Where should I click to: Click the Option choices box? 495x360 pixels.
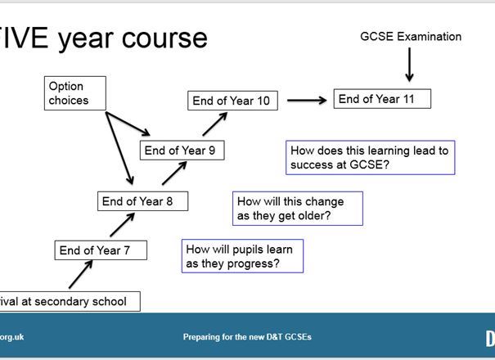point(75,93)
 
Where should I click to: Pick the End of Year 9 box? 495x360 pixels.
point(181,150)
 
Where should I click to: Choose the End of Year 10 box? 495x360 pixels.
point(232,101)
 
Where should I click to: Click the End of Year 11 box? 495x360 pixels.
point(381,99)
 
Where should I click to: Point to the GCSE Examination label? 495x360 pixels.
point(411,36)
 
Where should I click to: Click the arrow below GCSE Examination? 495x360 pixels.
point(409,65)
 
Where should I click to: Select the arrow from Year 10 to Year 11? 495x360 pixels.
point(305,100)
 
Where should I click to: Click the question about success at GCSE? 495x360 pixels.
point(370,158)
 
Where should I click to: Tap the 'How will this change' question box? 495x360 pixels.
point(298,209)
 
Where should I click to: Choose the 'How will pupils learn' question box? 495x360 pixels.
point(242,256)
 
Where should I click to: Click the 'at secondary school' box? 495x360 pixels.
point(70,301)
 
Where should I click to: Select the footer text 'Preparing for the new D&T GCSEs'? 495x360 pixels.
point(247,337)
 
